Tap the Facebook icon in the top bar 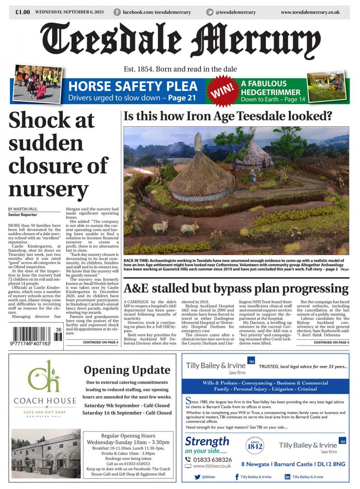coord(117,12)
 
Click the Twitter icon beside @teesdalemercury coord(210,12)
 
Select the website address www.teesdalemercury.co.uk coord(310,12)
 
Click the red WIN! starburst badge coord(222,91)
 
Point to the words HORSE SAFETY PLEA coord(133,86)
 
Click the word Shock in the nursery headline coord(52,120)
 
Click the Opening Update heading coord(127,370)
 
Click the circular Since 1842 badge coord(254,446)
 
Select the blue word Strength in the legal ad coord(207,441)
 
